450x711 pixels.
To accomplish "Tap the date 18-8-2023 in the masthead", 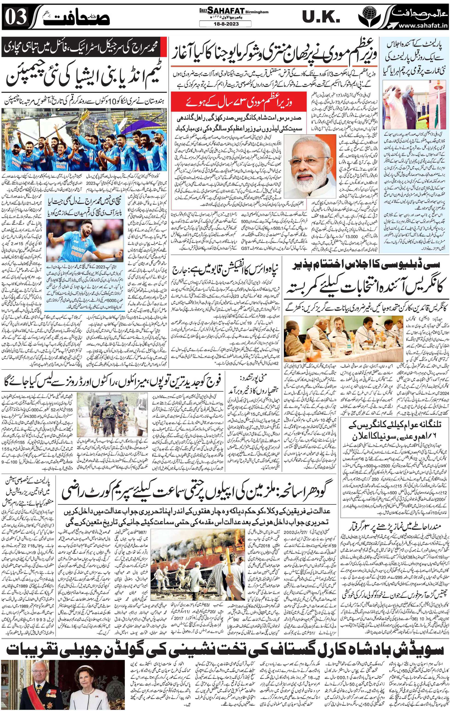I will pyautogui.click(x=225, y=23).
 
